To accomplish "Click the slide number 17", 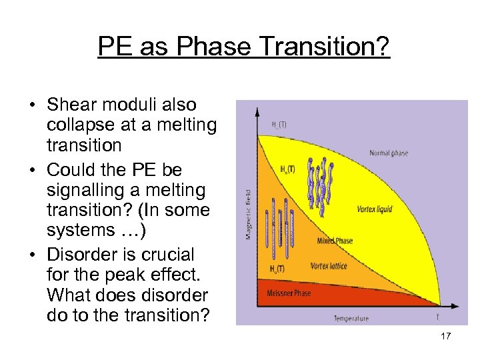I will tap(446, 336).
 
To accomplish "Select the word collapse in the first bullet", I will tap(82, 125).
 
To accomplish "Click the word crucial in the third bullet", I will tap(167, 254).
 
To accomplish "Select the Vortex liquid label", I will tap(374, 209).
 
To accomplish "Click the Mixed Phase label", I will tap(335, 241).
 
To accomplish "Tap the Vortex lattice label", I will tap(329, 267).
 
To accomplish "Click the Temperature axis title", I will tap(351, 319).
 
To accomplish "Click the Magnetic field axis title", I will tap(249, 213).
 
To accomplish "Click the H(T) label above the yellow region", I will tap(279, 124).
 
